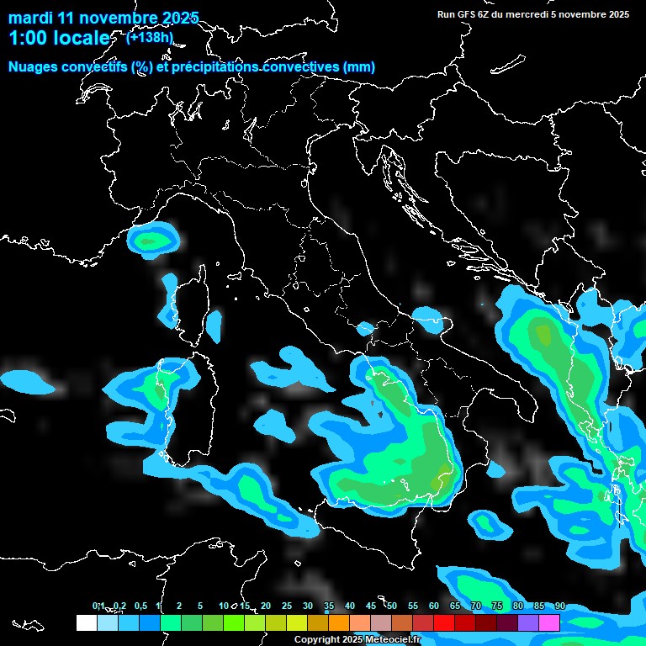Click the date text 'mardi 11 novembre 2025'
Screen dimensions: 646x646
[103, 18]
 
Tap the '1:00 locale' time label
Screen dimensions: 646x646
[59, 38]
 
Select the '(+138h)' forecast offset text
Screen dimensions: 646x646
[150, 37]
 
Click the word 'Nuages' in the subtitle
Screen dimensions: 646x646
[34, 67]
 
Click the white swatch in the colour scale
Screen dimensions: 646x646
[86, 622]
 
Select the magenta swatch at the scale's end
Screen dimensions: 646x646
[549, 622]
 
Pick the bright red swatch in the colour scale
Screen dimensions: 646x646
[444, 622]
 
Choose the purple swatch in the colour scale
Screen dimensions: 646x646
[528, 622]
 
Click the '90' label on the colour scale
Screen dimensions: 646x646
[559, 606]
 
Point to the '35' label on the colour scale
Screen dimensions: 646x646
[329, 606]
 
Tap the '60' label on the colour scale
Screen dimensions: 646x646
[434, 606]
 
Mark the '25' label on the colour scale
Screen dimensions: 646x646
[287, 606]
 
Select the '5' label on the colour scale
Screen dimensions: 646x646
[200, 606]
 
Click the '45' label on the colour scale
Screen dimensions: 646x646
[371, 606]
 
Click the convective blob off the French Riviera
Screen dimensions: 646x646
[153, 239]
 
